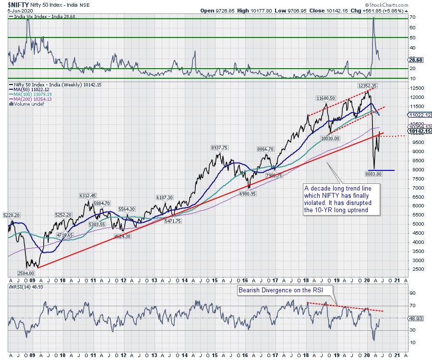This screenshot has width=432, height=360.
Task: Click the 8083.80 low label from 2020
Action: (372, 174)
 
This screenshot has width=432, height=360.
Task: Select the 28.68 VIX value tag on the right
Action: (416, 61)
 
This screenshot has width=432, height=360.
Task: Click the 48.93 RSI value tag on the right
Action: (416, 318)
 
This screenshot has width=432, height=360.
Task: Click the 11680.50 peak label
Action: (326, 97)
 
